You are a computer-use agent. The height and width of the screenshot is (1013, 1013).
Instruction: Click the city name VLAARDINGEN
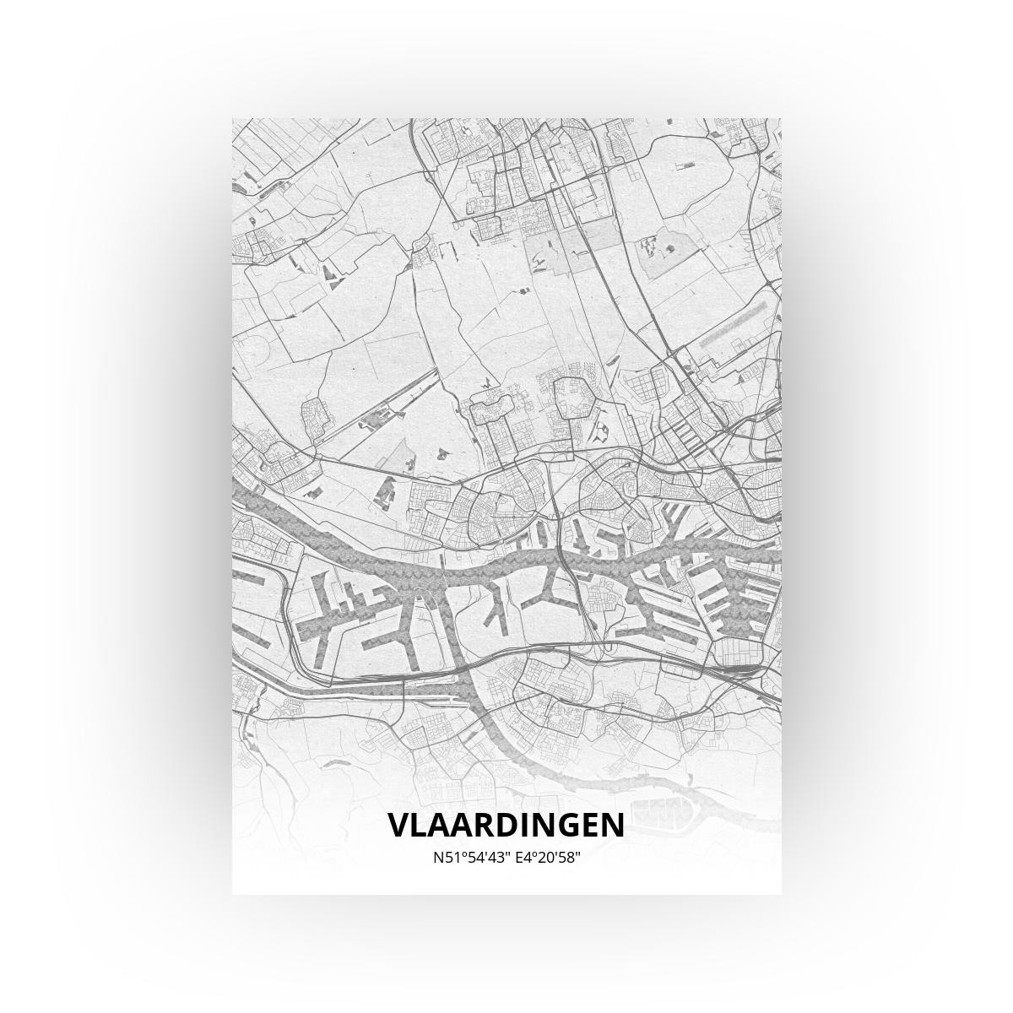click(x=506, y=826)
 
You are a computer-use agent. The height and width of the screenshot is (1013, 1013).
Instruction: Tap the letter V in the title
click(x=399, y=826)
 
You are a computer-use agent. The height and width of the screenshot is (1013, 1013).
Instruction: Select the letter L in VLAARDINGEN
click(x=420, y=826)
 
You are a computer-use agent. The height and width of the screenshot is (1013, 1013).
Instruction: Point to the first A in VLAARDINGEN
click(x=441, y=826)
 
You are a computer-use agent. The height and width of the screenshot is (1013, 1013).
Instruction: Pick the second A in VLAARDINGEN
click(x=465, y=826)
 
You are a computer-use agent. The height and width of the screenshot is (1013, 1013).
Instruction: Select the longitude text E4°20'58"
click(x=548, y=858)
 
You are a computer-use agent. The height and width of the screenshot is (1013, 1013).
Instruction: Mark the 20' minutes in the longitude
click(x=548, y=858)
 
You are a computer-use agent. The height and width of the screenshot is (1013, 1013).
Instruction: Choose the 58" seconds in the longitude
click(x=571, y=858)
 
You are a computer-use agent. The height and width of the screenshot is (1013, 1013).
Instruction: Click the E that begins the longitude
click(x=517, y=858)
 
